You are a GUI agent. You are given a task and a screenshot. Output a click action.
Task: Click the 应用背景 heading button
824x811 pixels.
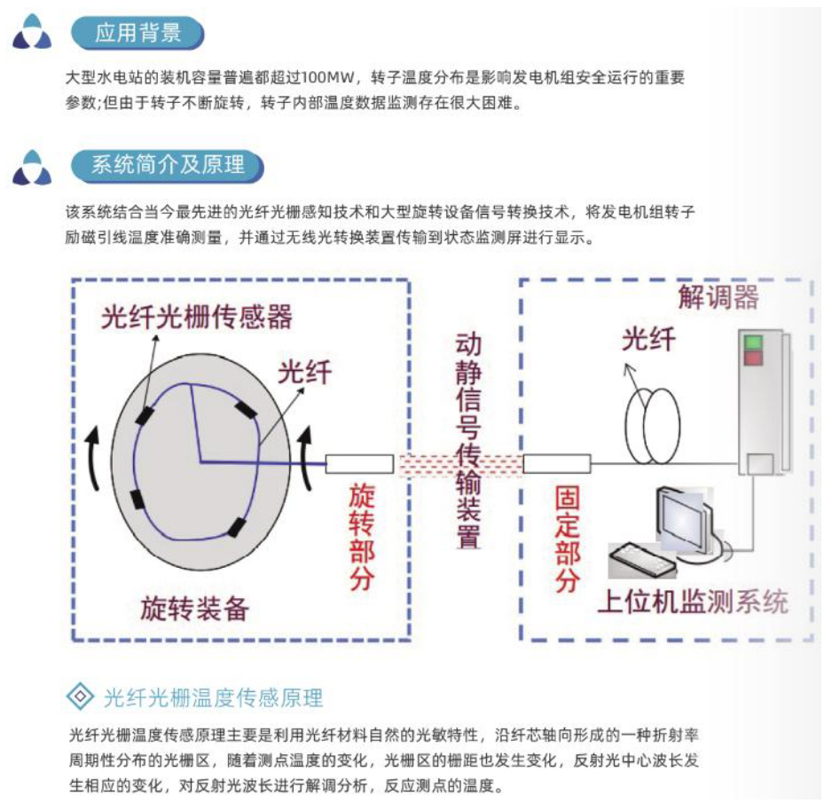click(x=137, y=35)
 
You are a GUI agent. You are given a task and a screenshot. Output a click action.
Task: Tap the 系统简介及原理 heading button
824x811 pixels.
click(x=168, y=166)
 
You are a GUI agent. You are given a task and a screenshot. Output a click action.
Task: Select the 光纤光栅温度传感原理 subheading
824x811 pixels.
click(x=213, y=697)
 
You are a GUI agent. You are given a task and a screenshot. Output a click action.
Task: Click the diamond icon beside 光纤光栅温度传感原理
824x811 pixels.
click(x=81, y=697)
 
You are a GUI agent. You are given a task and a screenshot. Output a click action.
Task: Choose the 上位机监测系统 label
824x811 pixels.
click(x=692, y=602)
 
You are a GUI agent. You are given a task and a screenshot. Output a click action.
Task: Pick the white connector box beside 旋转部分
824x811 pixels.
click(x=359, y=463)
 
